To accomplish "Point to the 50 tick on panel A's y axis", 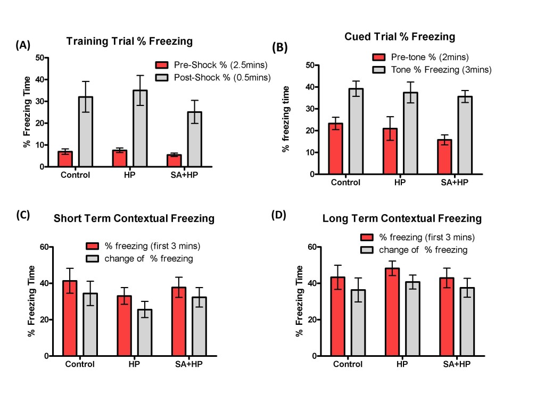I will [39, 58].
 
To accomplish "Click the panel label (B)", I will [280, 47].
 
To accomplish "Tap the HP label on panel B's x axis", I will [399, 182].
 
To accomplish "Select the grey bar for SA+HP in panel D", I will [466, 322].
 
